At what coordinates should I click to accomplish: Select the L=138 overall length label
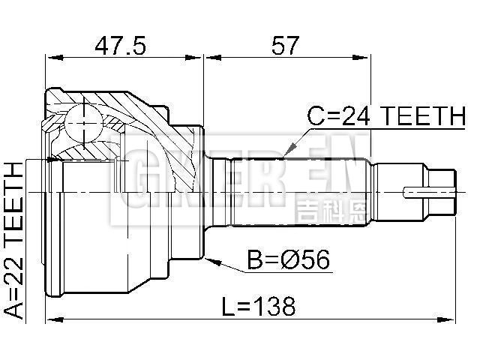[x=259, y=306]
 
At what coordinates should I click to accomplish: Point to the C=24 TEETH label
[x=386, y=115]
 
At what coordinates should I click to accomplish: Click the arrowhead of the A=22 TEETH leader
[x=52, y=159]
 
